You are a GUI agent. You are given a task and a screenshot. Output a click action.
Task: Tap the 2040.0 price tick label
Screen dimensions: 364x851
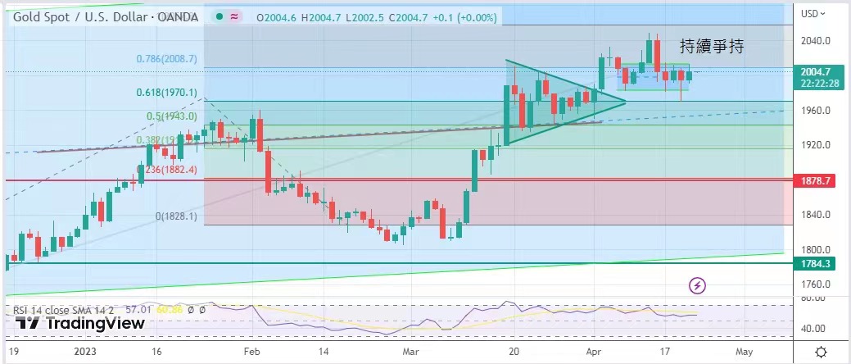[817, 41]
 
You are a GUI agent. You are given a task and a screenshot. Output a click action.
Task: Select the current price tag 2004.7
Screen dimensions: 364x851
[816, 72]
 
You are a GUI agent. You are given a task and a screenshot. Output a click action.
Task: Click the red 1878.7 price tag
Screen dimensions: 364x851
[817, 180]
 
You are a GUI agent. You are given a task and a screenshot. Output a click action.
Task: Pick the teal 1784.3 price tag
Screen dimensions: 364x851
[817, 263]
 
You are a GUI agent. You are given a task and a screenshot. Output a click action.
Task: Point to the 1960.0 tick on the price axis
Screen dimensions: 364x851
[817, 111]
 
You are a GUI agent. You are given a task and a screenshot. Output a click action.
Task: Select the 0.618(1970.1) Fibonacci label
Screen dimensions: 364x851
[166, 93]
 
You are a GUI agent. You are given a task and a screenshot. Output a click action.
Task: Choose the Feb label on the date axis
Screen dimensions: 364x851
[251, 351]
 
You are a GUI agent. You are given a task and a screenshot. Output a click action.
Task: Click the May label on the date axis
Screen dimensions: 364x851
[743, 351]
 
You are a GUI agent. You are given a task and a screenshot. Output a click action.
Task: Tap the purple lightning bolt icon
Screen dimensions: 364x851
[697, 285]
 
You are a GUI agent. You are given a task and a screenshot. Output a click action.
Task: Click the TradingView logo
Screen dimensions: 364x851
[81, 323]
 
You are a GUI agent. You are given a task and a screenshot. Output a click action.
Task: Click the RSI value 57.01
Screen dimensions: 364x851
[141, 310]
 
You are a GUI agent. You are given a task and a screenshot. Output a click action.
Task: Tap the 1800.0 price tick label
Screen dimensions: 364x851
[817, 250]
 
